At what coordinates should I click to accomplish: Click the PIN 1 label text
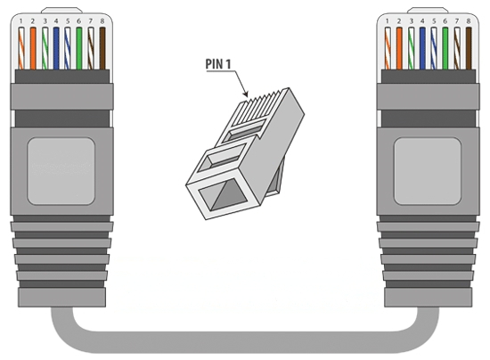(x=218, y=64)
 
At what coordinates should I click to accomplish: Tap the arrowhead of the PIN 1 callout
(x=246, y=94)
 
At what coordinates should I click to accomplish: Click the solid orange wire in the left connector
(x=33, y=48)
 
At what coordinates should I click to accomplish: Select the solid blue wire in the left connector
(x=56, y=48)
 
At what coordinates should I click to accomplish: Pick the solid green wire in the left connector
(x=79, y=48)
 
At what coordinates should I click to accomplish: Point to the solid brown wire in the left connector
(x=102, y=48)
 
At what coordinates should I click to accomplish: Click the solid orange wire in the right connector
(x=399, y=48)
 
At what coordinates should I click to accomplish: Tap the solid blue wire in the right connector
(x=422, y=48)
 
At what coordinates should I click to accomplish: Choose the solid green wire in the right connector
(x=445, y=48)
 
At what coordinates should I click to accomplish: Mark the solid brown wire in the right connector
(x=469, y=48)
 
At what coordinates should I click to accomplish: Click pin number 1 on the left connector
(x=21, y=21)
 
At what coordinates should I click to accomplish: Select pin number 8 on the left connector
(x=102, y=21)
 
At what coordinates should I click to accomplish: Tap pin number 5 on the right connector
(x=434, y=21)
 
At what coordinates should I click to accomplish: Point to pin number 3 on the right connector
(x=411, y=21)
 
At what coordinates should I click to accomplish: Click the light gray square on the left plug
(x=61, y=171)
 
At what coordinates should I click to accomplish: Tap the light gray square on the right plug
(x=427, y=171)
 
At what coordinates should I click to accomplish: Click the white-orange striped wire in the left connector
(x=21, y=48)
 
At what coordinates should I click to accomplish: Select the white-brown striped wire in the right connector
(x=457, y=48)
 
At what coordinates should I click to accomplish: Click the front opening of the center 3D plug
(x=224, y=195)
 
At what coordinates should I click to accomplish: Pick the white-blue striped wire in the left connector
(x=68, y=48)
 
